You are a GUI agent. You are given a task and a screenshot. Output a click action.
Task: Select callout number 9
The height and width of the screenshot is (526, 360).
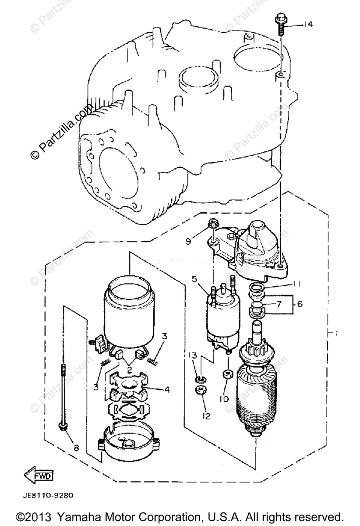(x=189, y=241)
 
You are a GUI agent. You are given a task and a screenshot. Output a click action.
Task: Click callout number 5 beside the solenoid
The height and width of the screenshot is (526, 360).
(x=194, y=278)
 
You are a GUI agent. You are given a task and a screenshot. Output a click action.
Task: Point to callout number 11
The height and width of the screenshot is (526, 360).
(x=297, y=284)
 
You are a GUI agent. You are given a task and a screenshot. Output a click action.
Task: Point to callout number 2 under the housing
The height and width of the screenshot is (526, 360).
(x=130, y=370)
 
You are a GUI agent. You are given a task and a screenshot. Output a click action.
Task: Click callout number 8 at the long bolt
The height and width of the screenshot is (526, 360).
(x=76, y=448)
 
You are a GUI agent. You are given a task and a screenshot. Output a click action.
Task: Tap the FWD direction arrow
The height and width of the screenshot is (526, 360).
(x=39, y=475)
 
